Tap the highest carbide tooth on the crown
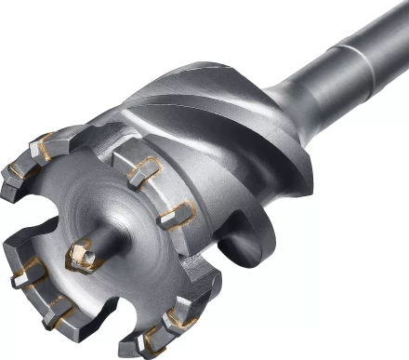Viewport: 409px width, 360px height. click(45, 143)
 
